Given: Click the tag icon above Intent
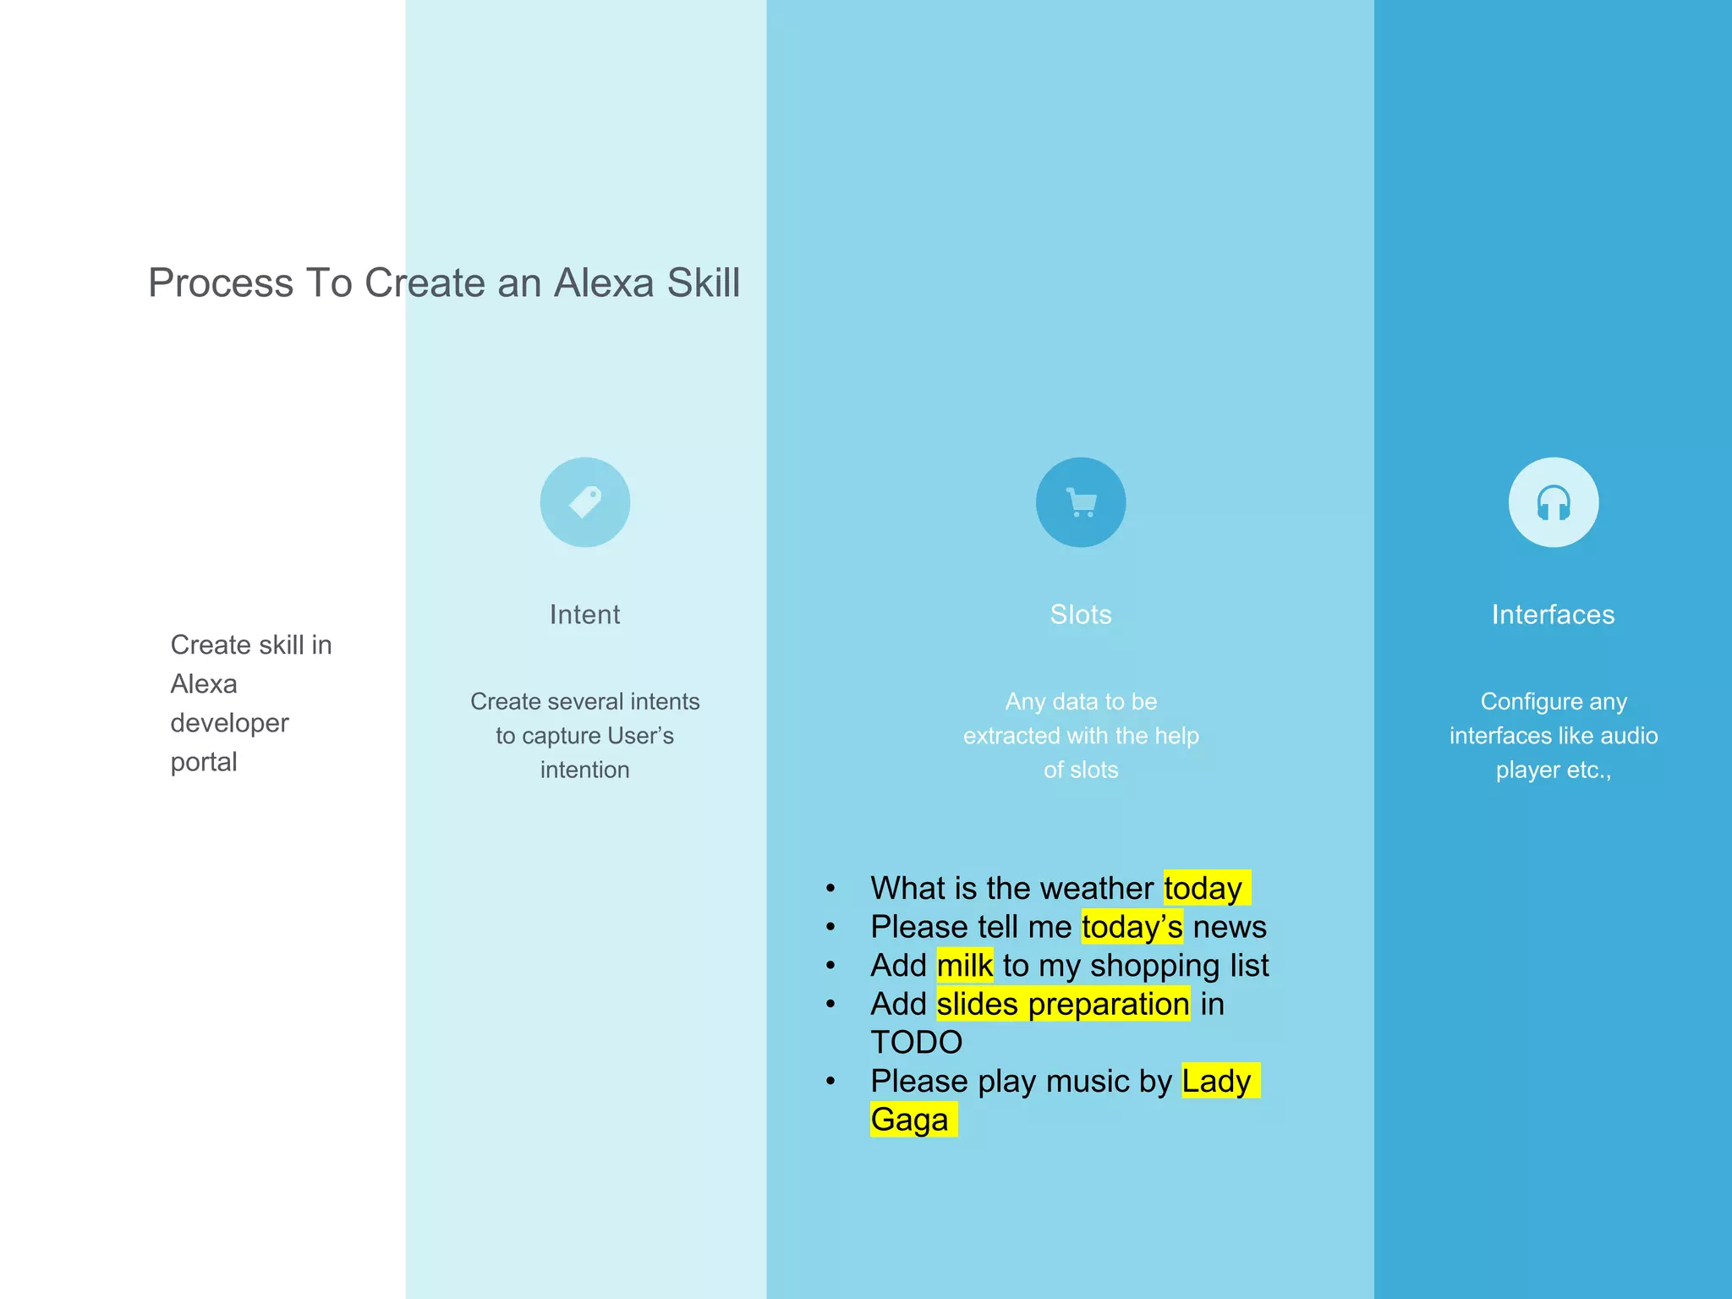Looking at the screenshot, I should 585,502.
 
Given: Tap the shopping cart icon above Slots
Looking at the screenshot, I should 1081,502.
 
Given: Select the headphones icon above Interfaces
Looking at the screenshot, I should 1554,502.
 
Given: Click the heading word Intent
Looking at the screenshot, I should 584,615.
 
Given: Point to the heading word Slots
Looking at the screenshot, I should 1081,615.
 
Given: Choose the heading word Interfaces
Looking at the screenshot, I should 1553,615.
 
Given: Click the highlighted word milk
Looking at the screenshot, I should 964,966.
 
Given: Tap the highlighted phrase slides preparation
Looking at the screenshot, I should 1063,1005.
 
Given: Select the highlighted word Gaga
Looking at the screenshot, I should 910,1120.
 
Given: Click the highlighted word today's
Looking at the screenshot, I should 1132,927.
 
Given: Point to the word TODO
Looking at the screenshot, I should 917,1043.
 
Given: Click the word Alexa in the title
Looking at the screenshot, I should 604,282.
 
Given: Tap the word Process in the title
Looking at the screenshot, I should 221,282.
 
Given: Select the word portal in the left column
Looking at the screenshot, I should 204,762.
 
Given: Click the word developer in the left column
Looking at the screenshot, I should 229,723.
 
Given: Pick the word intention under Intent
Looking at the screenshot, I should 584,770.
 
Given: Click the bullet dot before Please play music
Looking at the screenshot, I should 831,1082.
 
